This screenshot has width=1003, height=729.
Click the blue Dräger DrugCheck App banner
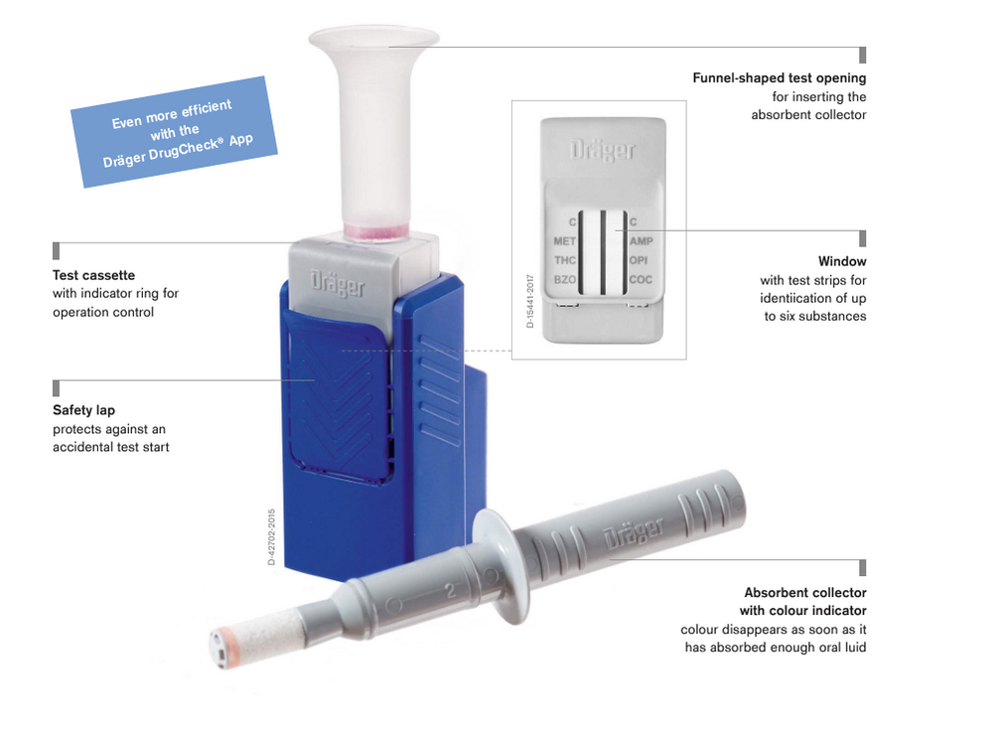pos(175,131)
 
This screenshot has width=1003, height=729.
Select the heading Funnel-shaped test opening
pos(779,77)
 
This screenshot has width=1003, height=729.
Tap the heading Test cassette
pos(93,274)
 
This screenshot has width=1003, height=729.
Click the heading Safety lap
pos(83,409)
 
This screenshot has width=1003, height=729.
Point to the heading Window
pos(842,261)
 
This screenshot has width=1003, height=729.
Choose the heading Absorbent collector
pos(804,593)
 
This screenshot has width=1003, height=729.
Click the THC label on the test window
pos(564,260)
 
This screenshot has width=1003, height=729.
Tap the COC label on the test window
pos(641,280)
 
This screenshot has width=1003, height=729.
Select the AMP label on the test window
pos(641,241)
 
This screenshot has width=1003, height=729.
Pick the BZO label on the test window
pos(564,280)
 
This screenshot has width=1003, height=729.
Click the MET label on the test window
pos(564,241)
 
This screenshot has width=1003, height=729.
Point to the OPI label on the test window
pos(639,260)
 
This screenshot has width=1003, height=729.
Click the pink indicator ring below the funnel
pos(374,232)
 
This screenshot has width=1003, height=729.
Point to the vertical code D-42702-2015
pos(271,537)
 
